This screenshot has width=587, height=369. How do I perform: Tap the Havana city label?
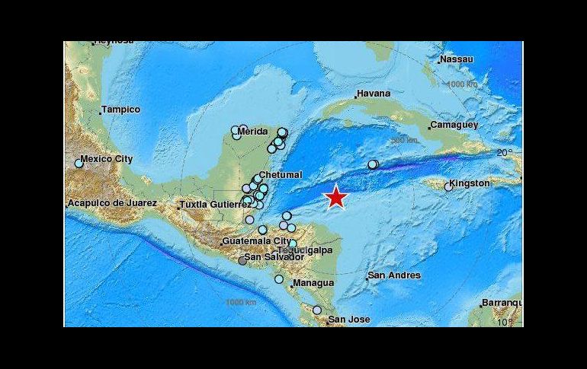tap(374, 94)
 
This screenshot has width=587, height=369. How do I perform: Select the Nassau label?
tap(457, 59)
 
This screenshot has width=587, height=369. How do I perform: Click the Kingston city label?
tap(470, 183)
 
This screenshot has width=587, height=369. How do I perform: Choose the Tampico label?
tap(121, 110)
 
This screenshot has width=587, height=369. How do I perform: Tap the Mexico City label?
tap(107, 159)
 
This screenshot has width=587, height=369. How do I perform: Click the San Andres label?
tap(394, 275)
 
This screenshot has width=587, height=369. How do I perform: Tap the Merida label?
tap(252, 132)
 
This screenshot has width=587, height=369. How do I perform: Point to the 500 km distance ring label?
tap(404, 141)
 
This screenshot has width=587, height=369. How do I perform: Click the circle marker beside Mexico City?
tap(79, 163)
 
